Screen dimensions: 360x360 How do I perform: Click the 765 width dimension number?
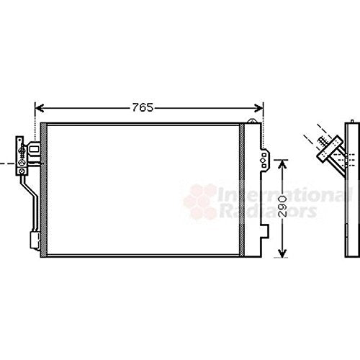(143, 107)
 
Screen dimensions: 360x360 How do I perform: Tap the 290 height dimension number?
(283, 207)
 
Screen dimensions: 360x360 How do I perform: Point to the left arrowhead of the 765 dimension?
(40, 108)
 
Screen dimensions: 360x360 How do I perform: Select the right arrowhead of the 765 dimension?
(258, 108)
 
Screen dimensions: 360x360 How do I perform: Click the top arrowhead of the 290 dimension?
(282, 164)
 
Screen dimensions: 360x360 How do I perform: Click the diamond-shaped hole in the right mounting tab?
(264, 161)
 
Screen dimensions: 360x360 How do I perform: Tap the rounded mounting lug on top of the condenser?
(252, 121)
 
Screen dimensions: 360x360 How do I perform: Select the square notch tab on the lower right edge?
(265, 231)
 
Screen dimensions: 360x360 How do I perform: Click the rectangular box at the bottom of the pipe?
(35, 240)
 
